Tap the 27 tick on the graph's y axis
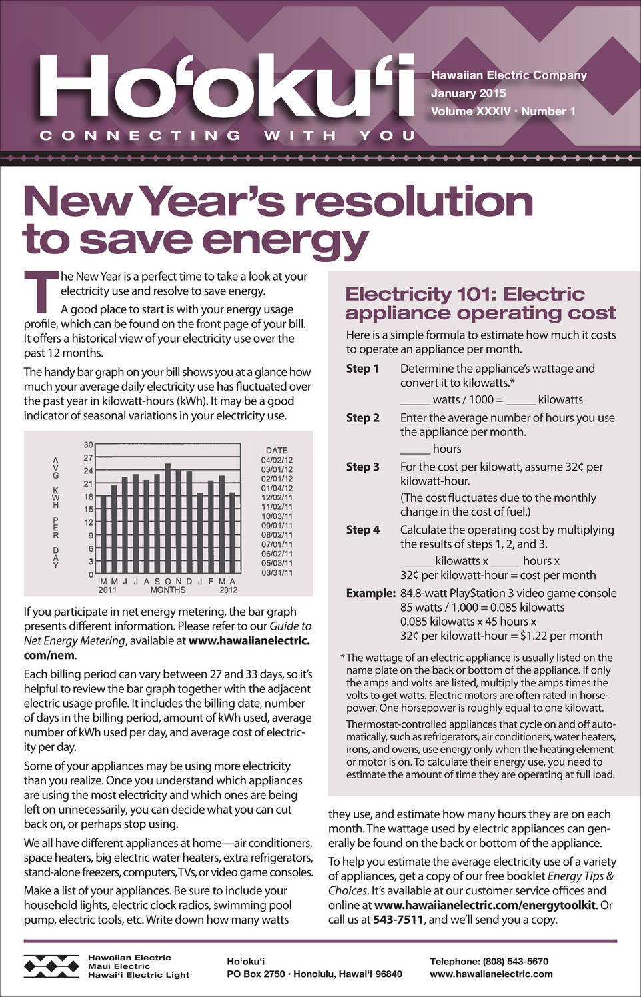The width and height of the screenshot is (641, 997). [x=88, y=458]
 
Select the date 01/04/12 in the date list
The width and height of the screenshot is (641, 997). [x=277, y=488]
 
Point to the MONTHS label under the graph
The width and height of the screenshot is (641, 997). [x=168, y=590]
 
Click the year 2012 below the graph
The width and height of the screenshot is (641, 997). [x=228, y=590]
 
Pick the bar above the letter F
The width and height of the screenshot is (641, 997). [x=211, y=526]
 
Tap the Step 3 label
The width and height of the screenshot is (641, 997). [x=363, y=467]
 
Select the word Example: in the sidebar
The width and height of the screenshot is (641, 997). [x=370, y=593]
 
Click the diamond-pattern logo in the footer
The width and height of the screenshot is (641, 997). [x=51, y=966]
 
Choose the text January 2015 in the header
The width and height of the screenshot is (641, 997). [x=468, y=93]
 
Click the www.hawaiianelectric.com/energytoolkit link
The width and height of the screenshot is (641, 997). [x=485, y=905]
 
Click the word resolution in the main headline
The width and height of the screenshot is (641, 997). [x=414, y=201]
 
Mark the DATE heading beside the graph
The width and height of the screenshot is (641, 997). [x=277, y=450]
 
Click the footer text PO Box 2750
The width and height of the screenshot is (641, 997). [x=256, y=974]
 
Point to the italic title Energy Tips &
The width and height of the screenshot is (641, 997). [x=580, y=876]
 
